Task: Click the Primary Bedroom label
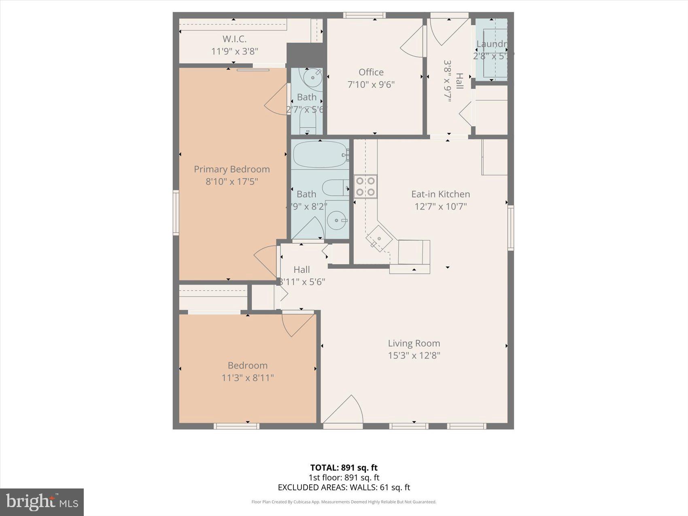point(231,169)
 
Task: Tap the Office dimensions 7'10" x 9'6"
point(371,85)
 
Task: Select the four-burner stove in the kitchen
point(365,186)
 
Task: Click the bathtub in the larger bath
point(320,154)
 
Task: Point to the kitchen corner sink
point(379,239)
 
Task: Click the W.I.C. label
point(234,39)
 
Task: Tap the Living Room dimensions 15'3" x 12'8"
point(414,355)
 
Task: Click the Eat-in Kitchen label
point(440,194)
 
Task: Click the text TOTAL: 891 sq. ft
point(344,468)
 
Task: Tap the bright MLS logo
point(42,502)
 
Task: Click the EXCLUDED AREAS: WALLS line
point(344,487)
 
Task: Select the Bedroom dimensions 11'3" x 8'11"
point(247,378)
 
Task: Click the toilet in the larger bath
point(335,187)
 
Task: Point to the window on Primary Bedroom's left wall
point(176,212)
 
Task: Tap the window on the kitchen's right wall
point(511,227)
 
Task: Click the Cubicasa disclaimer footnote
point(344,502)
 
